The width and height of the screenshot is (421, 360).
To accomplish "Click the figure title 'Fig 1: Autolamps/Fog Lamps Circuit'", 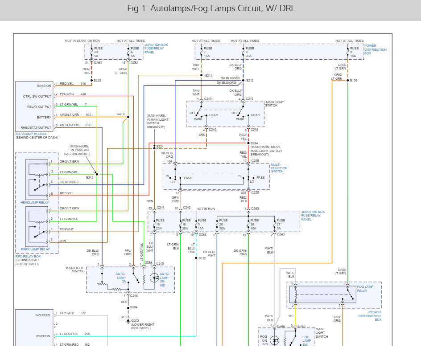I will coord(211,8).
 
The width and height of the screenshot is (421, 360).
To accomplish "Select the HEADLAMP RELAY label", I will coord(34,202).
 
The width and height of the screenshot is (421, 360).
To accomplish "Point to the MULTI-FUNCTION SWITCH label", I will coord(280,168).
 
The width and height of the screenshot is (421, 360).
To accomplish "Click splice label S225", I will coord(97,81).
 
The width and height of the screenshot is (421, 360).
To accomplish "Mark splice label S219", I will coord(121,114).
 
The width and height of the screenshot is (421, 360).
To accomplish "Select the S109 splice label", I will coord(354,81).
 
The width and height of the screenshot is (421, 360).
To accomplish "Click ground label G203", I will coord(135,320).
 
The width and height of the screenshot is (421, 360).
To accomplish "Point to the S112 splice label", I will coord(202,258).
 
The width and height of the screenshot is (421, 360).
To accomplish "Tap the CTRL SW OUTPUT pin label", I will coord(37,96).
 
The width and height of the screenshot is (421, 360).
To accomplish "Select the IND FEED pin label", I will coord(43,315).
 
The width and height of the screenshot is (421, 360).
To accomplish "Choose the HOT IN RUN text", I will coord(206,209).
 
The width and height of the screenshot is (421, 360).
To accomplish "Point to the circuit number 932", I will coord(83,313).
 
